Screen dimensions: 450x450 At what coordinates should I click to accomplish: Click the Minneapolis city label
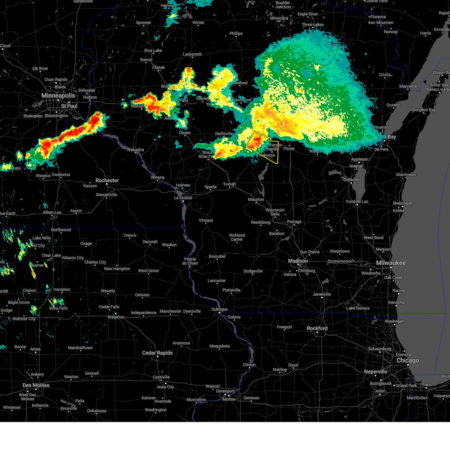click(58, 96)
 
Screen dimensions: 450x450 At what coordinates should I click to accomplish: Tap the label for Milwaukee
click(391, 263)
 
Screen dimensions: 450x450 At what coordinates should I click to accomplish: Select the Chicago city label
click(408, 360)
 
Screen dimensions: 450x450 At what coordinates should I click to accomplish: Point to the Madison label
click(298, 261)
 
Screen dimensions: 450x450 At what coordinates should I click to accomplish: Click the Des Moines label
click(36, 385)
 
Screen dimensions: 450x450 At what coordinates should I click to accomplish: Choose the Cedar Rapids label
click(157, 353)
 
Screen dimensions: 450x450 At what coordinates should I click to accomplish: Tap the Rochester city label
click(107, 180)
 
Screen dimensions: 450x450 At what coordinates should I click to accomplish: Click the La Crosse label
click(183, 198)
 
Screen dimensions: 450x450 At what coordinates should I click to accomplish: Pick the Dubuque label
click(219, 309)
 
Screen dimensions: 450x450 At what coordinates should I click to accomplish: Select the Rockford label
click(317, 328)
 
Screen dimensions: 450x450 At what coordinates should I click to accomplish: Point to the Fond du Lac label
click(357, 201)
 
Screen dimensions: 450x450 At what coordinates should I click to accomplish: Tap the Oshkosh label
click(351, 180)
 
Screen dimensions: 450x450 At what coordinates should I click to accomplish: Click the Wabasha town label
click(135, 150)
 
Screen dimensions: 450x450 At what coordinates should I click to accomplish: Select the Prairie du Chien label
click(190, 261)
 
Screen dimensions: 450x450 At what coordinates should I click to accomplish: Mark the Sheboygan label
click(402, 203)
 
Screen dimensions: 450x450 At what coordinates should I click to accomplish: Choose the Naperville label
click(375, 372)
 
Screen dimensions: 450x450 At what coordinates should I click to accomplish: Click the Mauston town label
click(256, 199)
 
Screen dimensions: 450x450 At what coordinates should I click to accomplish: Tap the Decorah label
click(150, 242)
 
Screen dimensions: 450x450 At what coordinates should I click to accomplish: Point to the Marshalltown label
click(80, 348)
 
